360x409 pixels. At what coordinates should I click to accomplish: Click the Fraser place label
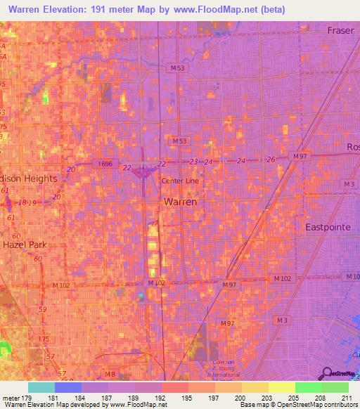coord(342,30)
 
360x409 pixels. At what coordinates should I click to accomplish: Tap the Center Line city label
coord(181,181)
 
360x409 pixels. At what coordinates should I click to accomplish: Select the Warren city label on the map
coord(180,201)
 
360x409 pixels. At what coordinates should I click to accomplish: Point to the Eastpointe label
coord(329,227)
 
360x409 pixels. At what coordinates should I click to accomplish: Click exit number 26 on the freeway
coord(271,160)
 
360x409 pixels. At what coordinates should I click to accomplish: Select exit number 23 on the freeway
coord(193,162)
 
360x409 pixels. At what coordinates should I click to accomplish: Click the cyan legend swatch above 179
coord(41,387)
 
